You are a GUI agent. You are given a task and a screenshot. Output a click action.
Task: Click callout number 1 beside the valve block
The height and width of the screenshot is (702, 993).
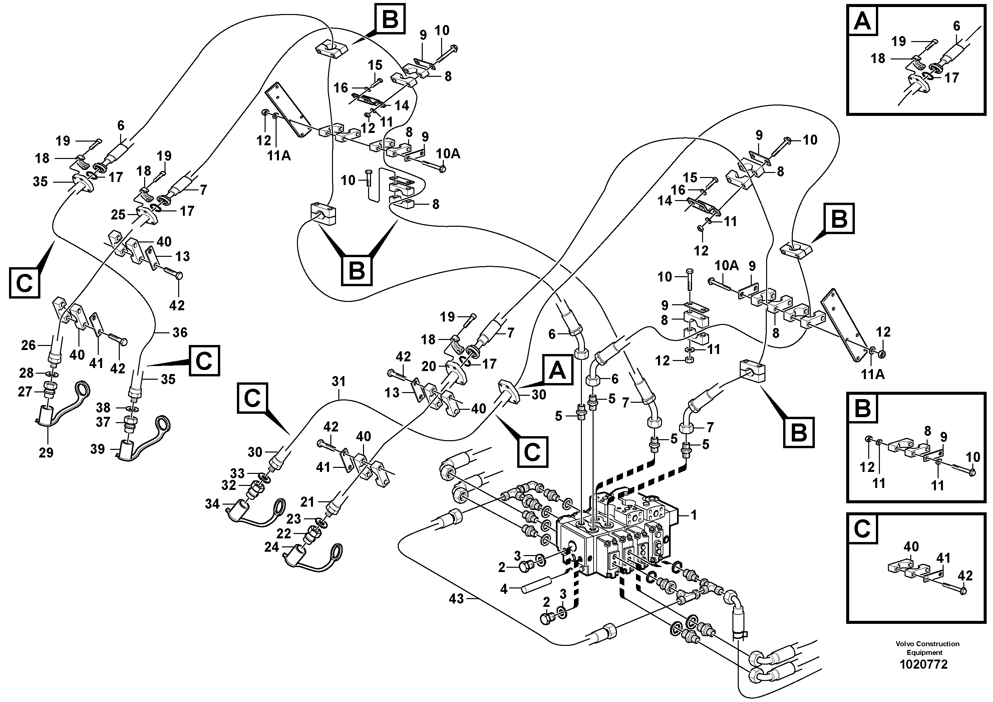pyautogui.click(x=693, y=515)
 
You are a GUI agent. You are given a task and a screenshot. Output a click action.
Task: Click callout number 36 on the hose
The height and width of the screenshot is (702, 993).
pyautogui.click(x=180, y=332)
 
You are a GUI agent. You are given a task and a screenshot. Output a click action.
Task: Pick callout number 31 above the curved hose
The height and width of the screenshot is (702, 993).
pyautogui.click(x=339, y=382)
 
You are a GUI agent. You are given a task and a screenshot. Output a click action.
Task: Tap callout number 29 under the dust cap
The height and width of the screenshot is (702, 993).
pyautogui.click(x=46, y=453)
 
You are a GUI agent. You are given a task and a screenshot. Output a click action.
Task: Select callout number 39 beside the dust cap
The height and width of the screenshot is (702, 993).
pyautogui.click(x=97, y=449)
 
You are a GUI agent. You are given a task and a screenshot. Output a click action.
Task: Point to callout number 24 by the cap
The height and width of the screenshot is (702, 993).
pyautogui.click(x=272, y=547)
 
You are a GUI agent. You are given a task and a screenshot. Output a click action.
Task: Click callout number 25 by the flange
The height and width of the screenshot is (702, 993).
pyautogui.click(x=118, y=215)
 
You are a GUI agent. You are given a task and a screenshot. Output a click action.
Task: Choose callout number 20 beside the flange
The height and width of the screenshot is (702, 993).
pyautogui.click(x=429, y=366)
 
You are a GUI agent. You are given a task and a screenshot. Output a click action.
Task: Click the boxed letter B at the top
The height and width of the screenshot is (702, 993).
pyautogui.click(x=390, y=19)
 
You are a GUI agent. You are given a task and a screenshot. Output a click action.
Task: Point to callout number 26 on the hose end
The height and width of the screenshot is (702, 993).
pyautogui.click(x=29, y=345)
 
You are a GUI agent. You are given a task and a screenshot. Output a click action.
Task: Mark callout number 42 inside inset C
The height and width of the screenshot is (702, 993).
pyautogui.click(x=965, y=576)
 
